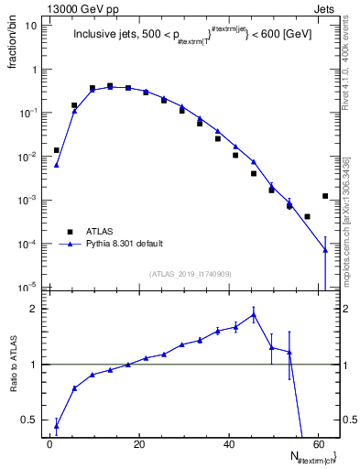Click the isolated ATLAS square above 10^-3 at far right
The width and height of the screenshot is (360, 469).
point(325,195)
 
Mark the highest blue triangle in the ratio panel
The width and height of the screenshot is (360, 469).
point(253,314)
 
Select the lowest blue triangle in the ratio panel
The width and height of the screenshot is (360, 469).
point(57,425)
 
